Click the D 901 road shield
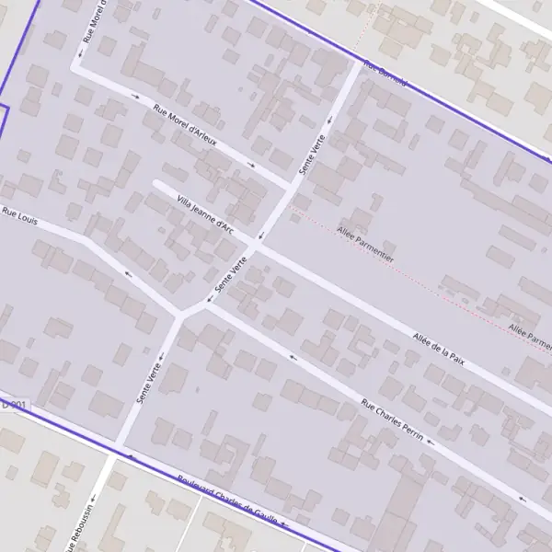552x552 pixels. click(x=14, y=404)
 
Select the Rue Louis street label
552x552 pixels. click(x=20, y=216)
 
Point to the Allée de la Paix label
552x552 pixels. click(x=439, y=350)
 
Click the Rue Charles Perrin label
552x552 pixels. click(x=392, y=420)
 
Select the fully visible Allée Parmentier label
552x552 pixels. click(x=365, y=245)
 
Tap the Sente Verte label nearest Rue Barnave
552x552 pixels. click(x=313, y=156)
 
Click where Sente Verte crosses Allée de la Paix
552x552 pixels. click(x=259, y=247)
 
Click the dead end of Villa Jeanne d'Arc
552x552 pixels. click(x=156, y=184)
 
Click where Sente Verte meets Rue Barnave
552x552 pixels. click(x=359, y=62)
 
